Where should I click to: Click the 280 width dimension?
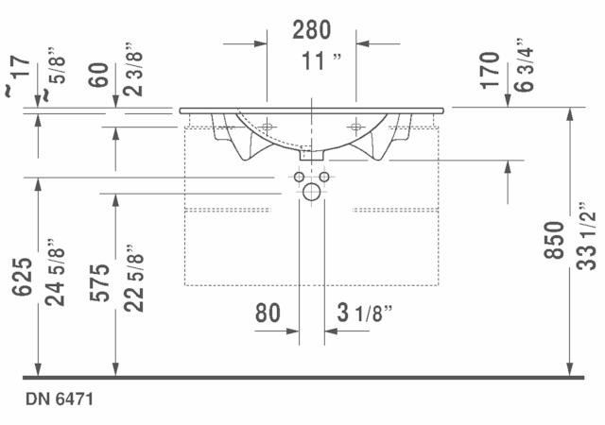(x=311, y=29)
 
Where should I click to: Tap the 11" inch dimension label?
(x=321, y=61)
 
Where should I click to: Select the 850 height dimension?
(x=554, y=240)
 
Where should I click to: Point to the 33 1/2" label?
(x=586, y=236)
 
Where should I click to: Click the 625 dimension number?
(x=22, y=277)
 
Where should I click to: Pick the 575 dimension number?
(x=99, y=282)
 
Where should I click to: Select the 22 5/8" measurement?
(x=133, y=278)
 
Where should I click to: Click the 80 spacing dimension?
(x=268, y=313)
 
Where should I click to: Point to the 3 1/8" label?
(x=365, y=313)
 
